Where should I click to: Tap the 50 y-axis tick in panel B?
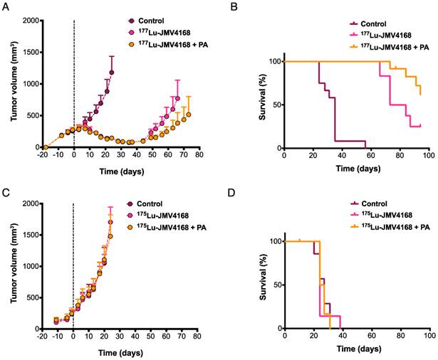click(274, 105)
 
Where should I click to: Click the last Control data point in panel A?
click(112, 72)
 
